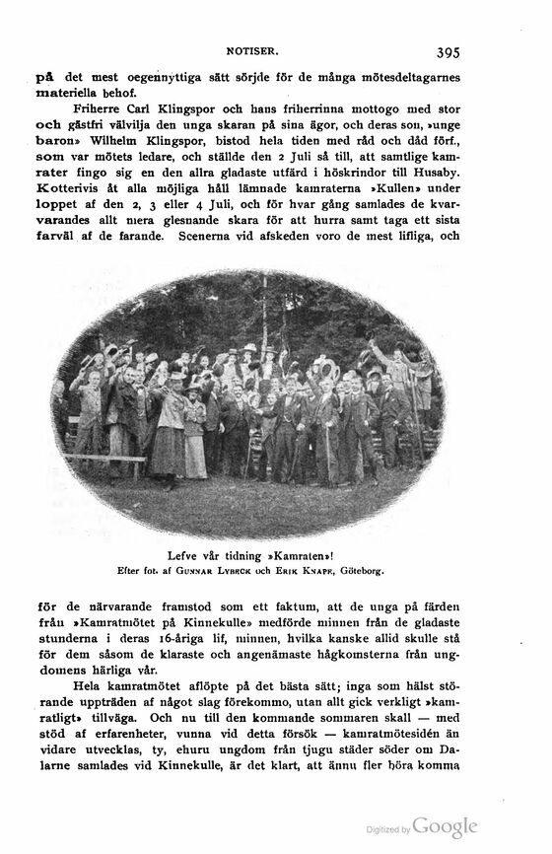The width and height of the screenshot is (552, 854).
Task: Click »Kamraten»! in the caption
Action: point(296,555)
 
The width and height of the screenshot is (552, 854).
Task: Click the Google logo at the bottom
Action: point(445,827)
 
